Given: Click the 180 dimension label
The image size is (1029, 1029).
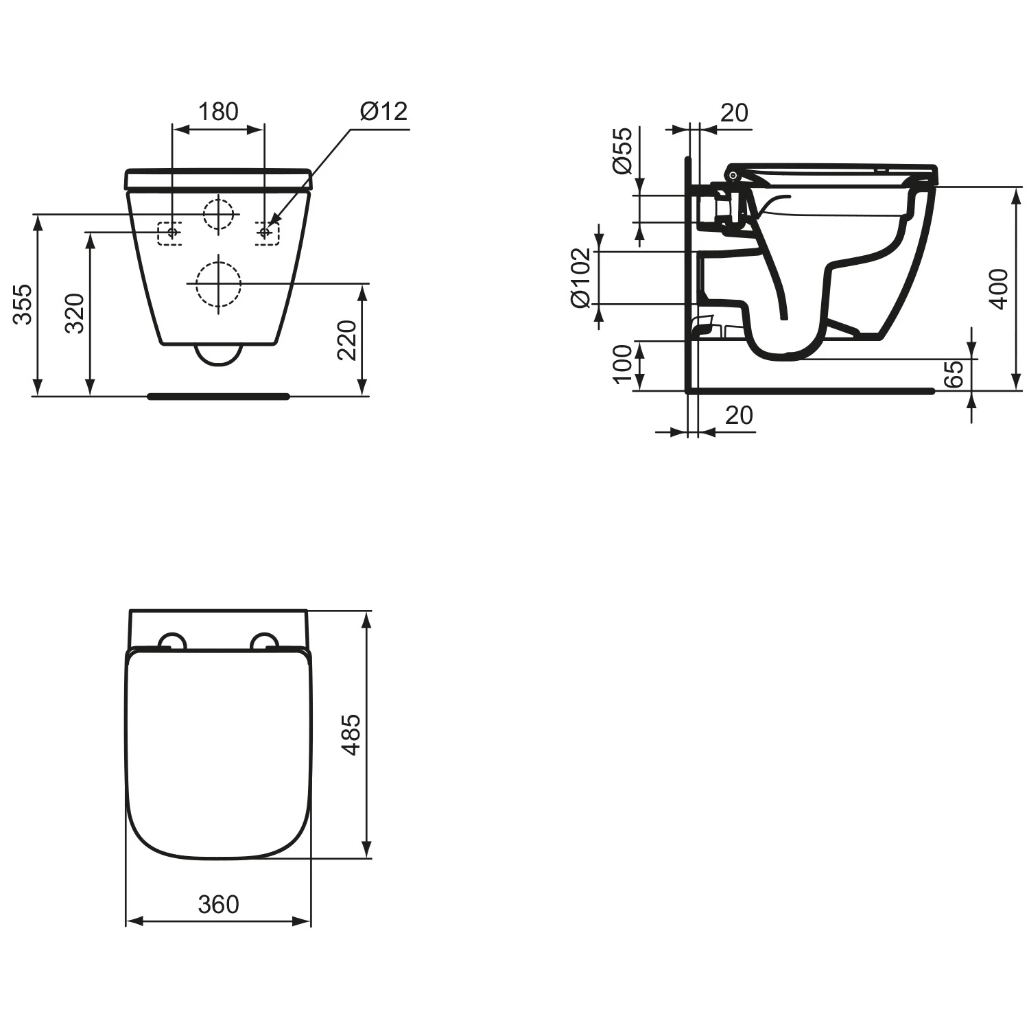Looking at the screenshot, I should point(218,111).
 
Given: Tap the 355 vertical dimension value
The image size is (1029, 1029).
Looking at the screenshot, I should point(22,304).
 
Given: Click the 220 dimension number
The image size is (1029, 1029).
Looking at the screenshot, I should point(346,340).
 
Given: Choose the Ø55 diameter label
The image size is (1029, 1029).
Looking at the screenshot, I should point(622,151).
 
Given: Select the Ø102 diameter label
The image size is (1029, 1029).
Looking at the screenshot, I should point(580,277).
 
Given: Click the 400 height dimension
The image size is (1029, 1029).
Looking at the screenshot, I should point(1000,289).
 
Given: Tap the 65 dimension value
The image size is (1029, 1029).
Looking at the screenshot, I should point(954,374).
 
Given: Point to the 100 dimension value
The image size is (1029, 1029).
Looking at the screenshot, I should point(622,364).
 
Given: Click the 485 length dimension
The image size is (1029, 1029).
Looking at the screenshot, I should point(351,735).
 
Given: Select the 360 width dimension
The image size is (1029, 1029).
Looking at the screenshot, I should point(218,905).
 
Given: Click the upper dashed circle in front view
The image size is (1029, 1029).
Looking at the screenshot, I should point(219,214).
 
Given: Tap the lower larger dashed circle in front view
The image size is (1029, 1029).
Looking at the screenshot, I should point(219,284).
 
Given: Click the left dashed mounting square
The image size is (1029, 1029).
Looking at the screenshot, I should point(169,233).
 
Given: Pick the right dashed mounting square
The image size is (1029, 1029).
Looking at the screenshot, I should point(267,233).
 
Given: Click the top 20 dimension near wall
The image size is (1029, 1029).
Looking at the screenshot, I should point(734,113).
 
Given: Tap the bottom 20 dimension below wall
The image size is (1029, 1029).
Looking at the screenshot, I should point(738,416).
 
